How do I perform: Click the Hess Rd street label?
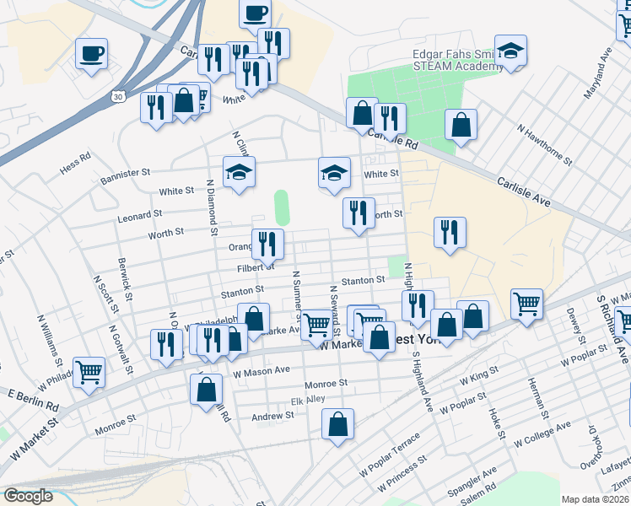click(x=74, y=163)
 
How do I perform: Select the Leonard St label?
click(x=139, y=216)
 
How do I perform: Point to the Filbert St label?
click(x=256, y=267)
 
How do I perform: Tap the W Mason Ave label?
click(x=262, y=369)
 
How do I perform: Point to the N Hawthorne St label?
click(x=545, y=143)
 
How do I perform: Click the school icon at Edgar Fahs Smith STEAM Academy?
click(x=510, y=51)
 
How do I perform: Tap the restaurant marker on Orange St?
click(x=268, y=244)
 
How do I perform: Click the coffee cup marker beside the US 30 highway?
click(x=91, y=54)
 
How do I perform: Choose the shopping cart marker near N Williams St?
click(x=89, y=372)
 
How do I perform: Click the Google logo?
click(x=29, y=495)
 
